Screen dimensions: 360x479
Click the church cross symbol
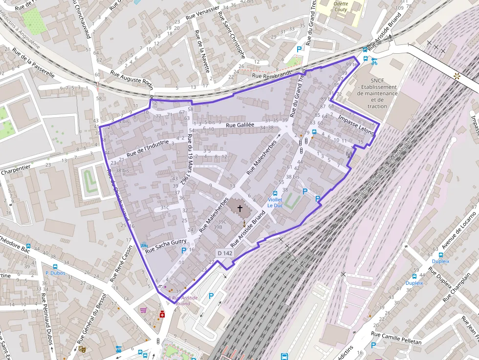coord(240,209)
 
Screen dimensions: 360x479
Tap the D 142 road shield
coord(225,253)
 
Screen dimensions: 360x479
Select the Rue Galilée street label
coord(239,125)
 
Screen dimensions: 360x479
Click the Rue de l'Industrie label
coord(147,148)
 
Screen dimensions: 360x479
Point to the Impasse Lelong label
coord(356,125)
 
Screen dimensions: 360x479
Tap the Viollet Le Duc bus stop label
coord(275,202)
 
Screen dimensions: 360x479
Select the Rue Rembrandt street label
coord(271,75)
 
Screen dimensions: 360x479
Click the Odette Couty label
coord(340,6)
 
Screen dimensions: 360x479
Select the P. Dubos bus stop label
coord(55,273)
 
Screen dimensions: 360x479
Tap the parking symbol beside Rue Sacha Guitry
coord(184,251)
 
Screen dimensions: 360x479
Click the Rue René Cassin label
coord(121,264)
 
